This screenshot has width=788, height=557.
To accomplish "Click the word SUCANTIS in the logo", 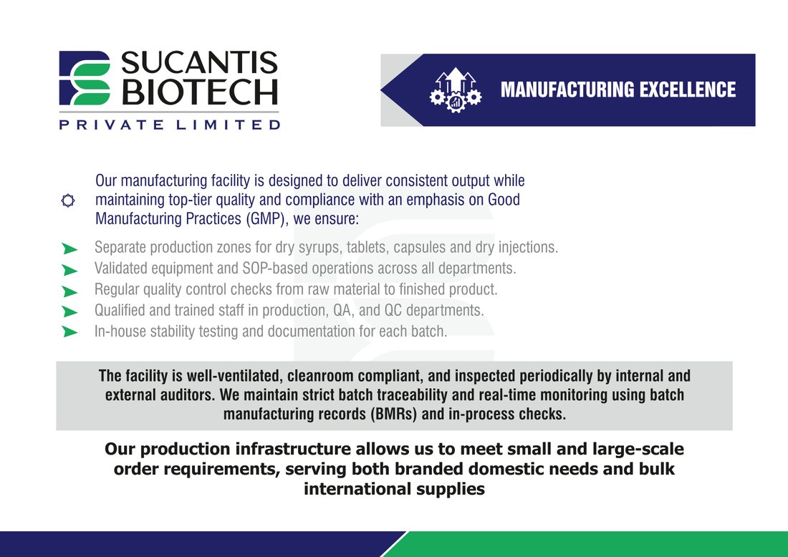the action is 199,63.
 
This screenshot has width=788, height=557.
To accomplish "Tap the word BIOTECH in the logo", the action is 200,92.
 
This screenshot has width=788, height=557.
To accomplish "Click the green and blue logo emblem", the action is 85,78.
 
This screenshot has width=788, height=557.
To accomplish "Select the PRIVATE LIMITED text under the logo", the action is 169,125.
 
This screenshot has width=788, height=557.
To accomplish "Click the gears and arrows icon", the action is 456,90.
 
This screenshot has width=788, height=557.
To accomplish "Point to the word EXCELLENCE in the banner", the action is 688,90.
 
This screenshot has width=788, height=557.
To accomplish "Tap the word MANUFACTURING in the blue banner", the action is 567,90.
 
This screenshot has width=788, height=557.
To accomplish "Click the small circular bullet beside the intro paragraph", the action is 68,200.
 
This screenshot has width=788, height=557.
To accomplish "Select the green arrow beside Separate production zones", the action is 70,248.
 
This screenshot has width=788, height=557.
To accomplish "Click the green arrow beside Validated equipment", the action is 70,270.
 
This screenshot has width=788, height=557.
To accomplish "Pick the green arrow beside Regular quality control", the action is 70,291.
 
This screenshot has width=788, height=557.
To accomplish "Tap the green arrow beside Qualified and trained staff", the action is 70,312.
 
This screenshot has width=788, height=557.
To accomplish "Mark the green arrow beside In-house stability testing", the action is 70,331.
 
